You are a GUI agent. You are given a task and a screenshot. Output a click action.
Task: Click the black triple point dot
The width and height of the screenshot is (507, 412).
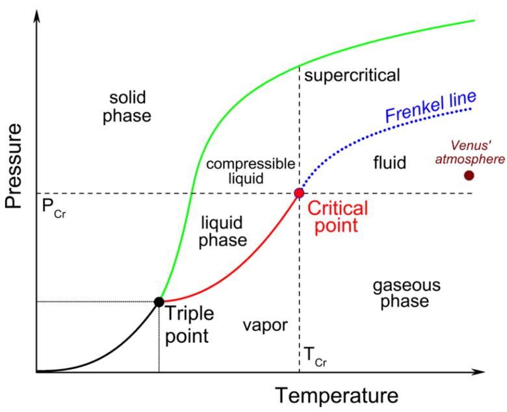point(159,302)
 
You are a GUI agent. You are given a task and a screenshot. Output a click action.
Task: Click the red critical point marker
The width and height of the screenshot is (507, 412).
point(299,193)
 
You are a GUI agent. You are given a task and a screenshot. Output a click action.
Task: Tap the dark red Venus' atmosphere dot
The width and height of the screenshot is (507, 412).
point(469,175)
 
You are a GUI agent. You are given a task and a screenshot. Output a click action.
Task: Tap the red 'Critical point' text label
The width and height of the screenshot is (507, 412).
point(337,217)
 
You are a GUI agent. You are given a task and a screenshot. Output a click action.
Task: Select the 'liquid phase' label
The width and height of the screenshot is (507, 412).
point(223,231)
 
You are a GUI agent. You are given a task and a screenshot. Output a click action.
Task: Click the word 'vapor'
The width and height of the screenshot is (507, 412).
point(265,325)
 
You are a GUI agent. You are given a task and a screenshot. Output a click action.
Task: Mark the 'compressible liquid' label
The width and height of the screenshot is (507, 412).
point(251,171)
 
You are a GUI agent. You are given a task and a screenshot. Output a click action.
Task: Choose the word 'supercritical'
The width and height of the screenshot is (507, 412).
point(352,75)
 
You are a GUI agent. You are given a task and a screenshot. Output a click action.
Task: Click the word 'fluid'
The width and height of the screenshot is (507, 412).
point(390,162)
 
